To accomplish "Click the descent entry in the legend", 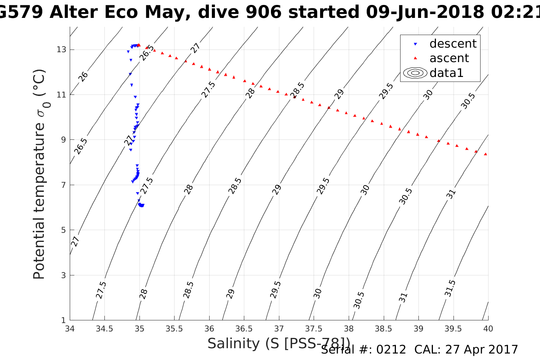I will (x=453, y=44).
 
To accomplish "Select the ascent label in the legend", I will (x=449, y=58).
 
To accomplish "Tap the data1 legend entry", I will (x=446, y=73).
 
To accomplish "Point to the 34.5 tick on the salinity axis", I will (x=104, y=329).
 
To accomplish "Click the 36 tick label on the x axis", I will (x=209, y=329).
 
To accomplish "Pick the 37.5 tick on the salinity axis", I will (x=314, y=329).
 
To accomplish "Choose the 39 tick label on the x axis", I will (x=418, y=329).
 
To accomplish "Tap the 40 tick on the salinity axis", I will (x=488, y=329).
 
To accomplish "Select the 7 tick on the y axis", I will (x=64, y=185).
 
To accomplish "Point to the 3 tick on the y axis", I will (x=64, y=275).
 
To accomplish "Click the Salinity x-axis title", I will (x=278, y=344).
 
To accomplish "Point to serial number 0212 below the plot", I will (x=391, y=350).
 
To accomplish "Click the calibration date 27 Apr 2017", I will (x=484, y=350).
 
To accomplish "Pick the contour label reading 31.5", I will (x=450, y=288).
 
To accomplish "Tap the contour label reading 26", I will (x=83, y=77).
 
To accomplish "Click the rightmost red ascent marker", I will (x=486, y=154).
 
